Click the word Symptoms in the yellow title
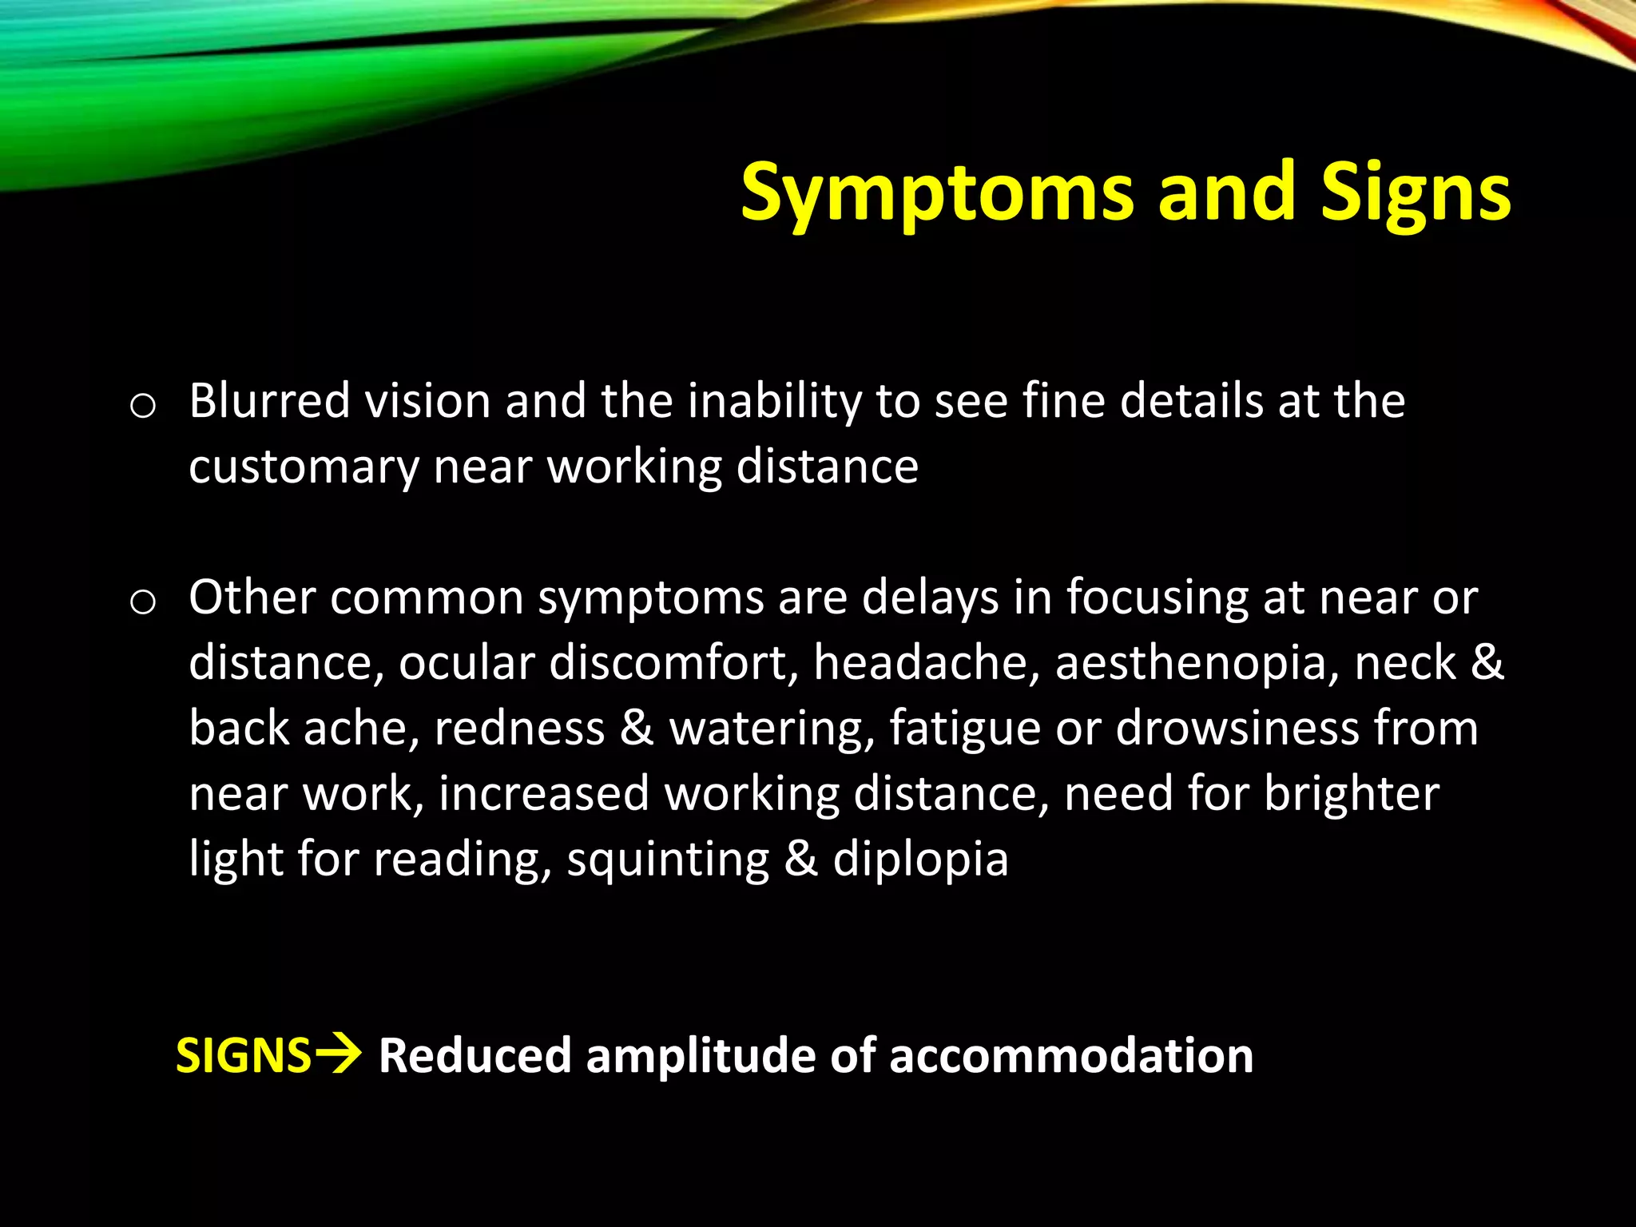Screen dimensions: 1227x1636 pos(936,193)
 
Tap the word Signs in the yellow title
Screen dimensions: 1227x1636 pos(1416,193)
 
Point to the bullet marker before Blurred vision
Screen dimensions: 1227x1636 pos(142,407)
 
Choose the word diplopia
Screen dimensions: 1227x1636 pos(920,860)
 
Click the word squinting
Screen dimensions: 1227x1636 pos(668,860)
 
